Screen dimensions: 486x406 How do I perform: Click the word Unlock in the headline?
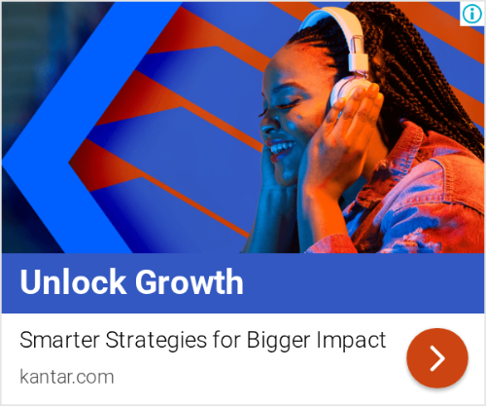(x=73, y=281)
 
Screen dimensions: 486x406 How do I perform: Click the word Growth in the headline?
(x=190, y=281)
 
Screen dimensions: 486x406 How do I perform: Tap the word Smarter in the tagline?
(x=59, y=340)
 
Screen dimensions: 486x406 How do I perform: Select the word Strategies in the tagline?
(x=156, y=341)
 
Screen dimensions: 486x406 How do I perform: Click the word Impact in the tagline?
(x=351, y=341)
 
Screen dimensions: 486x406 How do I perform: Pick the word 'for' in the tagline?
(x=226, y=340)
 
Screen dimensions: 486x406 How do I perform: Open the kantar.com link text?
(x=67, y=377)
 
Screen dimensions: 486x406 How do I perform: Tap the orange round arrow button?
(x=437, y=358)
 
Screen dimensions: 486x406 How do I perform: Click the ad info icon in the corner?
(x=471, y=14)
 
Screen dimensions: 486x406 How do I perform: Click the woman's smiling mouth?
(x=281, y=149)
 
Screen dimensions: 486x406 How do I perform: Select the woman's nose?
(x=269, y=125)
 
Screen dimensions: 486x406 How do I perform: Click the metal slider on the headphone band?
(x=357, y=56)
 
